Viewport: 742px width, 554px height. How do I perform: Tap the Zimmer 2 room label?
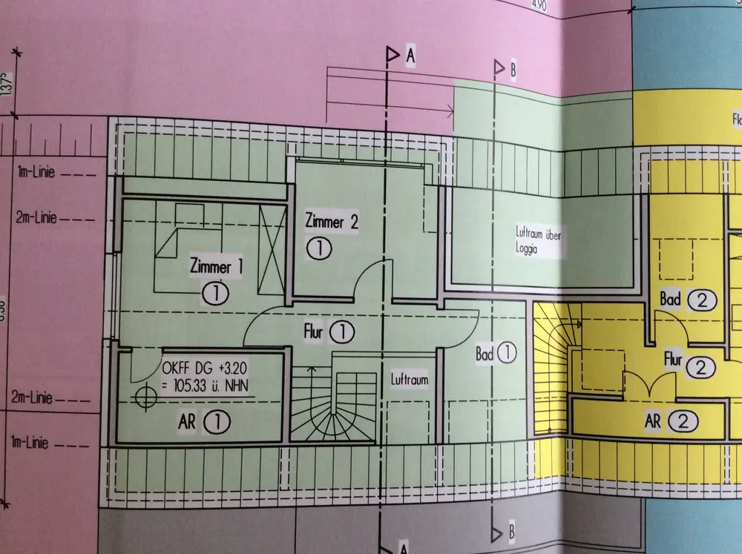click(x=332, y=222)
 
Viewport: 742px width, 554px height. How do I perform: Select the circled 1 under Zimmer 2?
click(x=319, y=248)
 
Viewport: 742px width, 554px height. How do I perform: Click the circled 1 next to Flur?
click(x=342, y=332)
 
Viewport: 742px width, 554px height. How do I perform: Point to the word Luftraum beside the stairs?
click(x=410, y=380)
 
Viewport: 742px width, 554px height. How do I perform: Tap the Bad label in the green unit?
click(x=484, y=353)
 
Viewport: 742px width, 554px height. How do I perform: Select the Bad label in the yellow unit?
click(x=670, y=300)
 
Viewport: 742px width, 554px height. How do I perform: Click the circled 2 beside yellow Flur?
click(x=701, y=366)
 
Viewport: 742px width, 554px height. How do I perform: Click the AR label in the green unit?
click(x=187, y=422)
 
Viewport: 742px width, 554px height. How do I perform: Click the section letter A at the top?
click(x=410, y=56)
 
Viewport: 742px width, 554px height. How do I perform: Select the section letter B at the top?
click(x=513, y=70)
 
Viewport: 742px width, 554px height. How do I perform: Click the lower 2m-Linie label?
click(x=31, y=398)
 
